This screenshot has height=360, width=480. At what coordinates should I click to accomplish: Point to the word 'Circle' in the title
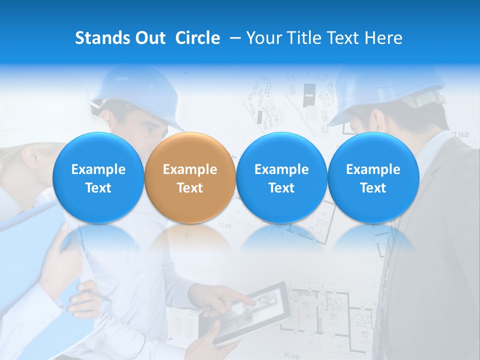[197, 38]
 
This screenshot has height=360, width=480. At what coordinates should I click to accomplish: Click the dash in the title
[235, 38]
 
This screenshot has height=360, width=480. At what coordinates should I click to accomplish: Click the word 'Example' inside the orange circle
[189, 169]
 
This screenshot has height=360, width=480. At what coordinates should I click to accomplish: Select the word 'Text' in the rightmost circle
[373, 188]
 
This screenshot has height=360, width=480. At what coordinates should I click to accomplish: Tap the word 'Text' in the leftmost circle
[98, 188]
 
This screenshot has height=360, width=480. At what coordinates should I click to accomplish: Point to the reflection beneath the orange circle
[189, 237]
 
